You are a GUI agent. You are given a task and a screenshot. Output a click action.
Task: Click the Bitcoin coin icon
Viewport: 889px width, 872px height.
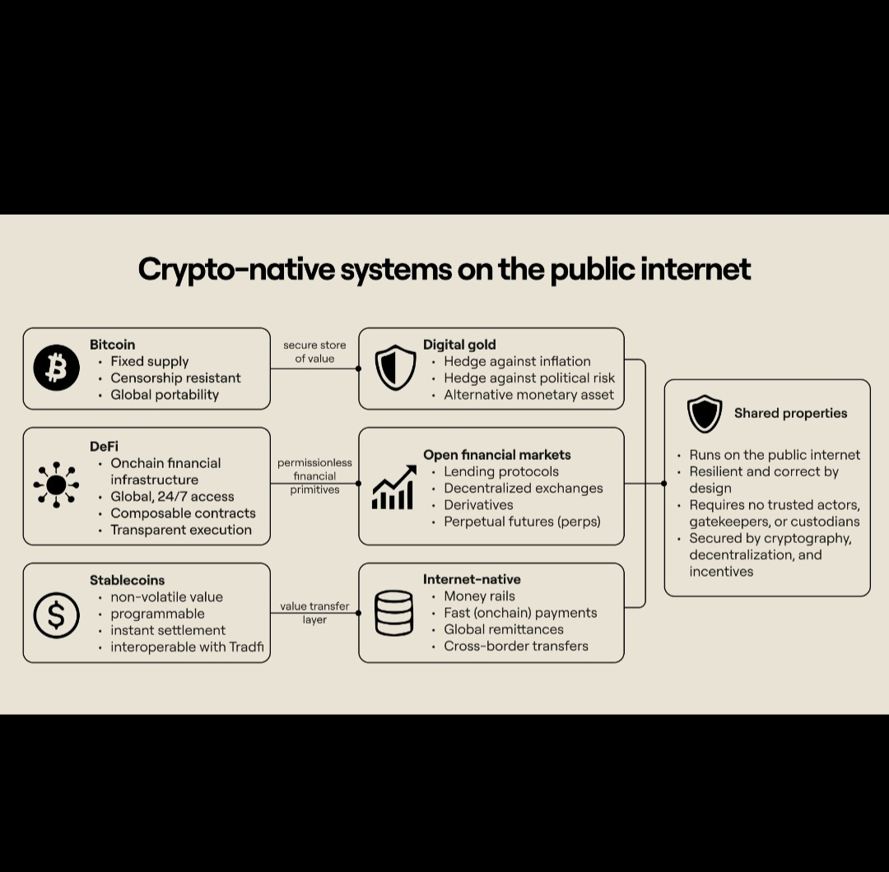pos(57,369)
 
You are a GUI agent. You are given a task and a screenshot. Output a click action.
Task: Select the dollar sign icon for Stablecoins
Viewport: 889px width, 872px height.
pos(57,615)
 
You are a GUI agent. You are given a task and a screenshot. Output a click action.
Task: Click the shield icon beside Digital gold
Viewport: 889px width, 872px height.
pos(396,369)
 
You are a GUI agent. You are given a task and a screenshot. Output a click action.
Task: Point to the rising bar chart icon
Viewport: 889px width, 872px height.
pos(393,487)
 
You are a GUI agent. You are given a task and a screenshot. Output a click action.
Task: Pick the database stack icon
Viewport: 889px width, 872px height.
pos(393,614)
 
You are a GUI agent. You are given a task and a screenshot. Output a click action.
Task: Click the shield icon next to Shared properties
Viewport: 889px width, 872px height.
pos(705,414)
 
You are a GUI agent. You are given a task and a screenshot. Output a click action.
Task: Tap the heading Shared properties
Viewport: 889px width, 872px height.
pos(790,413)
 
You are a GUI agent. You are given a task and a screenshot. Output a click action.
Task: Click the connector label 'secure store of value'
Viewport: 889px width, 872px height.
pos(314,351)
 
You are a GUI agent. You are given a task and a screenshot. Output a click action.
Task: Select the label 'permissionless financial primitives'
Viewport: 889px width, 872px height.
pos(314,476)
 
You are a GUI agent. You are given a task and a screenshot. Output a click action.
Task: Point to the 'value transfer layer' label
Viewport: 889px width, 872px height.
pos(314,613)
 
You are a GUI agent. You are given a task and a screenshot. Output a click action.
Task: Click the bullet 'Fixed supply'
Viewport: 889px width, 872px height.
pos(149,361)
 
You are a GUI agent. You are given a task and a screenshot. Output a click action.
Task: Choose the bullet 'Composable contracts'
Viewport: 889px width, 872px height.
pos(183,513)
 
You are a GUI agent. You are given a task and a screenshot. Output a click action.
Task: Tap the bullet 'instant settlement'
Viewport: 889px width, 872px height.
pos(168,630)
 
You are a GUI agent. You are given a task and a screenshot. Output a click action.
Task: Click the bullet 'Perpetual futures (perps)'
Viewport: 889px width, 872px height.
pos(522,522)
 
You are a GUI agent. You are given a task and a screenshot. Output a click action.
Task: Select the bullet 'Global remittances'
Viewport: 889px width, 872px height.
pos(504,629)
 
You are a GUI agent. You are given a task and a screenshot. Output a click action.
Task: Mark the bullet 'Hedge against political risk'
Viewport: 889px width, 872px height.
pos(529,378)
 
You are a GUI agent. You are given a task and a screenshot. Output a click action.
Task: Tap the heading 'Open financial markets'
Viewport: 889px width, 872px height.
pos(496,454)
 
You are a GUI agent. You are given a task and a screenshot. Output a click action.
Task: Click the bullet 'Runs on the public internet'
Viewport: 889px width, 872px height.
pos(775,455)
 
